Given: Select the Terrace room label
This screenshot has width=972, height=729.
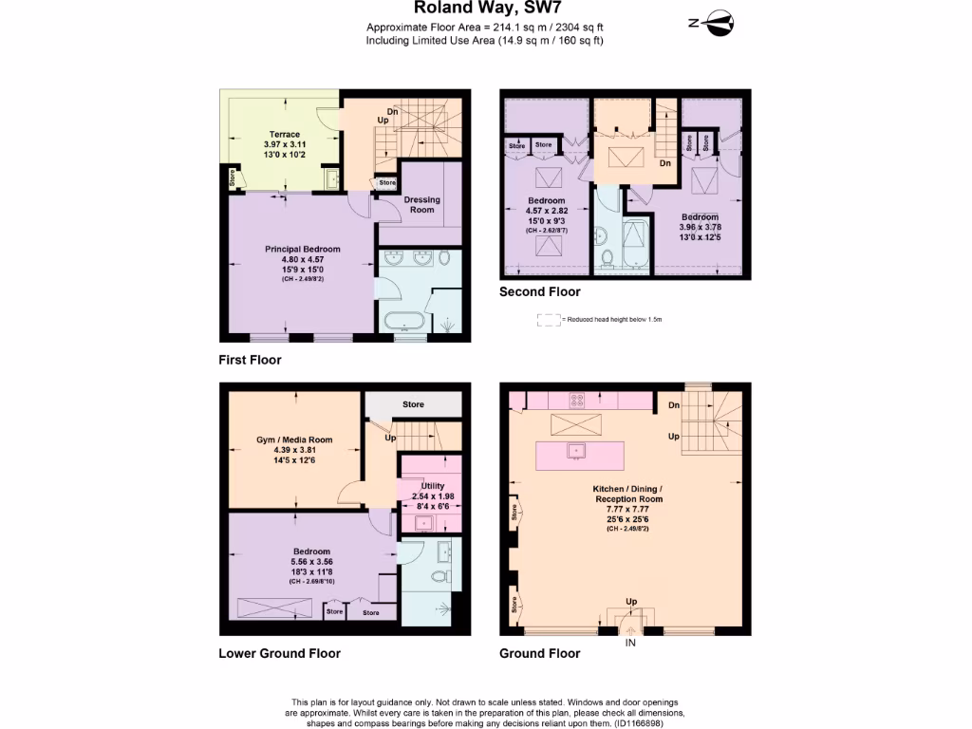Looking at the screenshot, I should click(284, 135).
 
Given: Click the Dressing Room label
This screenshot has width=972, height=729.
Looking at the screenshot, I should click(422, 204).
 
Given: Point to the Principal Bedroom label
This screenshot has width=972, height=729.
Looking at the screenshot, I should click(302, 250).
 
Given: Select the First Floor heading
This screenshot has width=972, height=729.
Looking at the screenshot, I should click(250, 361).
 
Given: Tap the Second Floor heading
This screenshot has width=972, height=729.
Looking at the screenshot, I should click(539, 292).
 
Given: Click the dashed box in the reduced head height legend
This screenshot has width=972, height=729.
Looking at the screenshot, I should click(548, 320).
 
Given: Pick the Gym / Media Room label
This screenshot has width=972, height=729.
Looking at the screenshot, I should click(294, 440).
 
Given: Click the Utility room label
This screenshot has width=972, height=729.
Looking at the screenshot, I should click(433, 486).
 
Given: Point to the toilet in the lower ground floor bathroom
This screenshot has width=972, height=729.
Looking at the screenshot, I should click(438, 576).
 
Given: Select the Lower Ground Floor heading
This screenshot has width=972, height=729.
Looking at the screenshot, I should click(279, 653).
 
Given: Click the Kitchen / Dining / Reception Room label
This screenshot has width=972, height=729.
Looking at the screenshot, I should click(628, 498).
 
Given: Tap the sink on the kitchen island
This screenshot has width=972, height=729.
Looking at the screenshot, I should click(574, 450).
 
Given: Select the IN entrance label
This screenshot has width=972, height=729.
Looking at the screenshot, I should click(629, 643).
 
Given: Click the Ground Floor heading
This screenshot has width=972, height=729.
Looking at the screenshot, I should click(539, 653).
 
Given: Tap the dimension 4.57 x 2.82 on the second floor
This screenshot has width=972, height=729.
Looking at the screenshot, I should click(547, 211).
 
